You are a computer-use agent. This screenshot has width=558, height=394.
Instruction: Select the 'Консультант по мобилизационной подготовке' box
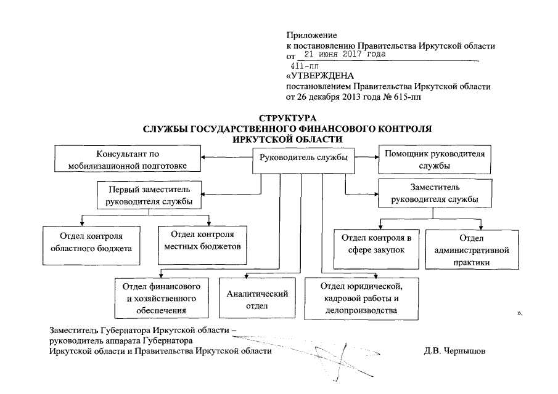[129, 159]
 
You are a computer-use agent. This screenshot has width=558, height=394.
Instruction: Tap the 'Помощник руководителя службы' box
[434, 159]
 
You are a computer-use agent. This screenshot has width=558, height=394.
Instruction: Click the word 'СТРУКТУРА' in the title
[287, 118]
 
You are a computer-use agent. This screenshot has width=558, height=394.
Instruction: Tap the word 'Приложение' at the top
[312, 35]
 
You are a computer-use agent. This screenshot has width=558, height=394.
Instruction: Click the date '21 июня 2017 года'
[349, 54]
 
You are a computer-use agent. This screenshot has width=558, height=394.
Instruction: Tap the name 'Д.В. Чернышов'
[454, 351]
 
